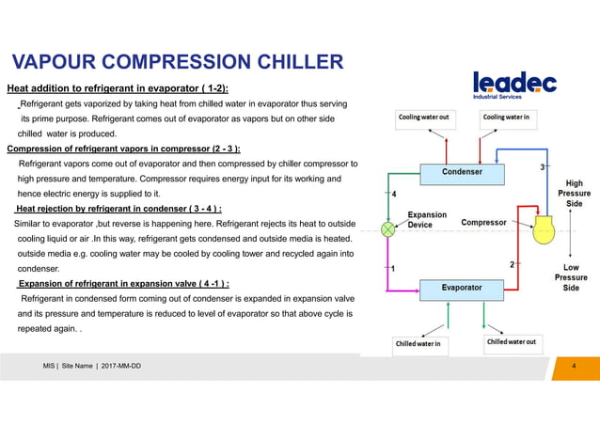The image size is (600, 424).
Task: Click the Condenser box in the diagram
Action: click(x=462, y=172)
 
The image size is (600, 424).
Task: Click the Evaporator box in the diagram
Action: click(x=462, y=287)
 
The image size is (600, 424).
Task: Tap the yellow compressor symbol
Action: click(x=545, y=229)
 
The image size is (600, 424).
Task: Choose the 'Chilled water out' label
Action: click(x=512, y=343)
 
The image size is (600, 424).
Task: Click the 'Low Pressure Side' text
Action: click(x=571, y=270)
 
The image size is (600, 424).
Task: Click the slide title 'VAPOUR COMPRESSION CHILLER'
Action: click(x=176, y=63)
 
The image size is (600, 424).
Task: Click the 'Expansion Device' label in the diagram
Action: click(x=426, y=220)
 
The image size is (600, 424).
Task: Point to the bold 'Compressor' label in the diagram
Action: click(x=485, y=223)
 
